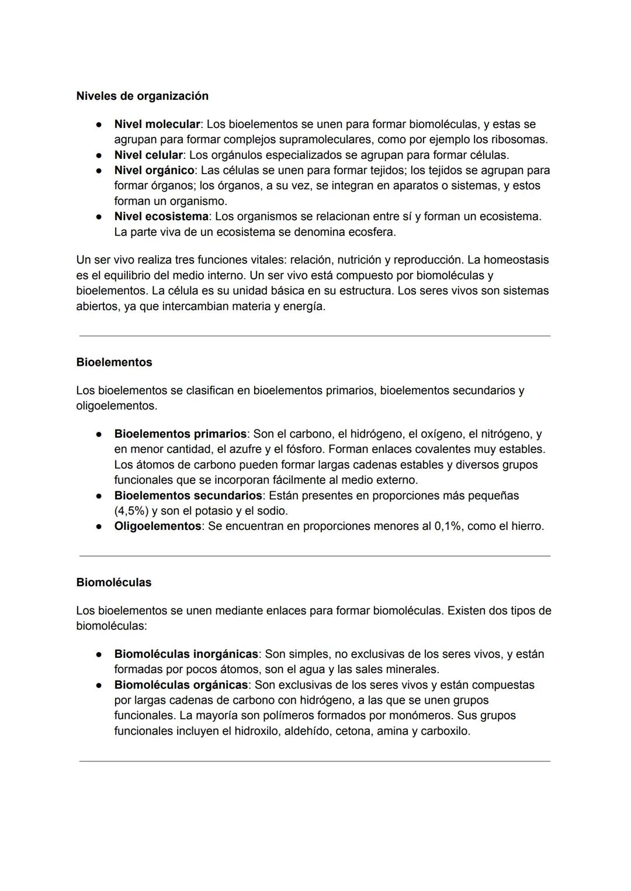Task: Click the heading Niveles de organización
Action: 142,96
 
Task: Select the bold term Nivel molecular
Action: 157,124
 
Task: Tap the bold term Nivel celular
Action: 148,155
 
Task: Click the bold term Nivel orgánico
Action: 154,171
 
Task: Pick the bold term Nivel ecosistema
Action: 161,217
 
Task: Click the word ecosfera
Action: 372,232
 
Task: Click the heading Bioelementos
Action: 114,362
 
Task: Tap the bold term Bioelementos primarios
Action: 180,434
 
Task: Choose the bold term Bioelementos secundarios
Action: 188,495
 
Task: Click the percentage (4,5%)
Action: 131,511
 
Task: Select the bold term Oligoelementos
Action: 158,526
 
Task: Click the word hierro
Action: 526,526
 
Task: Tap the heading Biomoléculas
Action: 113,583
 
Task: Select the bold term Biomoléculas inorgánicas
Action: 186,654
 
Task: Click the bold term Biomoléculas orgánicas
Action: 181,685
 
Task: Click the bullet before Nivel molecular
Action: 100,124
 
